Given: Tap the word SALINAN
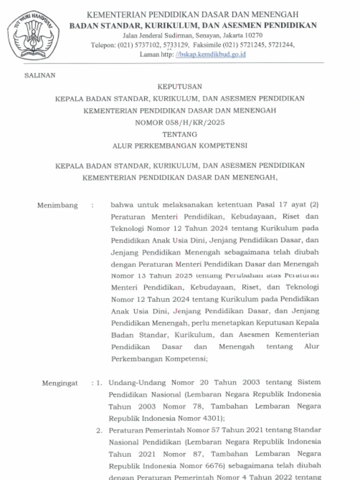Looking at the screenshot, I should (x=40, y=75).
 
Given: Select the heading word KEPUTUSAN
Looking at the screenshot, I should (x=180, y=87).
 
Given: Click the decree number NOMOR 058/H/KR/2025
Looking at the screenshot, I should (x=180, y=122).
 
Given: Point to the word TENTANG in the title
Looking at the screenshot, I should (x=180, y=134).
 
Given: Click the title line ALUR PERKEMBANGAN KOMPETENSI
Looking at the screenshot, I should (x=180, y=146).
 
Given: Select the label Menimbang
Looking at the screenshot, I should (x=57, y=205).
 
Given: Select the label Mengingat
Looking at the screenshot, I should (x=60, y=383).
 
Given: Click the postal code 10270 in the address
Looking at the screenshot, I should (x=253, y=35).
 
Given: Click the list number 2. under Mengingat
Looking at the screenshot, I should (x=99, y=430).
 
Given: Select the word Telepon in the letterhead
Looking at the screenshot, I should (x=103, y=45).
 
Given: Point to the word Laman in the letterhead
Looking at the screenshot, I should (x=149, y=54).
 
